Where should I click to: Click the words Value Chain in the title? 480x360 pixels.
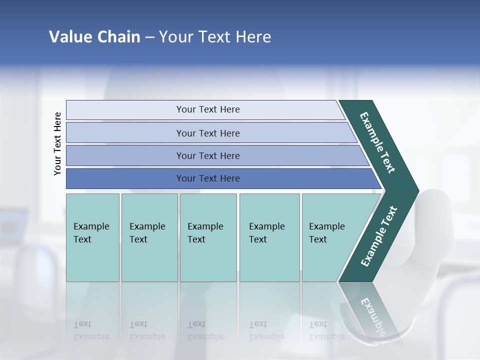pos(94,37)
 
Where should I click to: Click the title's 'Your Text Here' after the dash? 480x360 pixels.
pos(215,37)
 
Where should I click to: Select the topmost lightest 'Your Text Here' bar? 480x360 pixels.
pos(207,109)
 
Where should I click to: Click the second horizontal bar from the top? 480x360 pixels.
pos(207,133)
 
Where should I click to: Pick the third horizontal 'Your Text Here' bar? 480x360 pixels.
pos(207,155)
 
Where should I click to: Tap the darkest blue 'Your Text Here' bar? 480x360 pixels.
pos(207,178)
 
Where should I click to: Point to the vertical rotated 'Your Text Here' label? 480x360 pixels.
pos(57,144)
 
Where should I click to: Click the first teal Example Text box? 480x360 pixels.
pos(92,237)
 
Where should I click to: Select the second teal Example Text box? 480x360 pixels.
pos(149,237)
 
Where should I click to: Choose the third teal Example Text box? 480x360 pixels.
pos(208,237)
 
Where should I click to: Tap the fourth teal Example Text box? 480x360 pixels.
pos(269,237)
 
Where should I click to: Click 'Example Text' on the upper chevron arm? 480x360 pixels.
pos(377,142)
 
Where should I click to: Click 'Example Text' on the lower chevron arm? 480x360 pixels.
pos(379,236)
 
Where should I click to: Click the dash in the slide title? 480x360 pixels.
pos(149,37)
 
